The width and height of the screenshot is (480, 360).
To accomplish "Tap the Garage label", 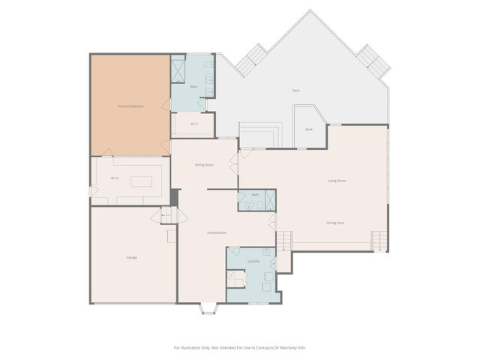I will point(132,257).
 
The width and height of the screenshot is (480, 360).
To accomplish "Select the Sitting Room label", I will point(204,163).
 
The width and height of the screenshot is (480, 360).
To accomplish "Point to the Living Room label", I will point(337,181).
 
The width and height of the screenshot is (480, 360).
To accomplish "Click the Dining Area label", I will point(334,223).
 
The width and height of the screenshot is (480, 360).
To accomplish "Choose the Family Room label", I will point(217,233).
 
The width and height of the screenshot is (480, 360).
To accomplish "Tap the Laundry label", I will point(253,261).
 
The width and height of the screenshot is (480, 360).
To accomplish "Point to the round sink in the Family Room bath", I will point(248,205).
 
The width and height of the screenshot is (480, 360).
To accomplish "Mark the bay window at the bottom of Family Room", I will point(208,307).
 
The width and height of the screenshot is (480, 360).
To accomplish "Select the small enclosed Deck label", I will point(309,130).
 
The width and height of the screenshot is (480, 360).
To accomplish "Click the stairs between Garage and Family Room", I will point(166,216).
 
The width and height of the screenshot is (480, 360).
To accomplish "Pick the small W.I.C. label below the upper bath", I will point(193,124).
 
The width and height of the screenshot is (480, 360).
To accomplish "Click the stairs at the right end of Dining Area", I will point(382,241).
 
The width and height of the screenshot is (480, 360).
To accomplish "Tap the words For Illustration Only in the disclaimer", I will point(196,347).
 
